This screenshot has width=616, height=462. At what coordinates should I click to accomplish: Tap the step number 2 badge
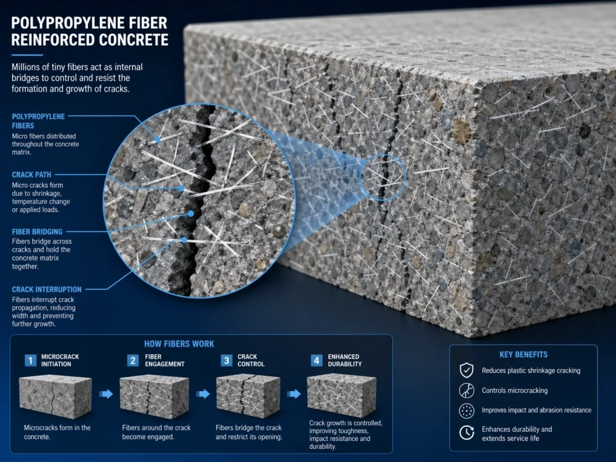133,360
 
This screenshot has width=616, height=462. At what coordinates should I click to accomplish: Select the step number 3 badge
227,360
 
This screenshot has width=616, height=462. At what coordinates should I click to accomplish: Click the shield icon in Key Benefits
466,370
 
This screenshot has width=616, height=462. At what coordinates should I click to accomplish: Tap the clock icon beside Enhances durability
466,433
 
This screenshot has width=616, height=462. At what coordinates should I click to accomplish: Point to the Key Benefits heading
523,354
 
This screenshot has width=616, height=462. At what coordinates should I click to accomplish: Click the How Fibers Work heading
179,344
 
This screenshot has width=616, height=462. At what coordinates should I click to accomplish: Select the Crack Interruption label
47,289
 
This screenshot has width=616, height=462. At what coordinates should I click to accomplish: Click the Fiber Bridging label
37,231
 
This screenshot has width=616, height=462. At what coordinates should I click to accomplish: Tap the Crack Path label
31,174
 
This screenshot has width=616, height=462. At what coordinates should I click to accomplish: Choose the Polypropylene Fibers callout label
38,121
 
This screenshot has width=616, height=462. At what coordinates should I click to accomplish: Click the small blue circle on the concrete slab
383,176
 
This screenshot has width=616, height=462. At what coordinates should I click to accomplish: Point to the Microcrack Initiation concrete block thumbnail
55,398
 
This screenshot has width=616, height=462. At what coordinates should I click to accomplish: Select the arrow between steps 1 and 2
106,394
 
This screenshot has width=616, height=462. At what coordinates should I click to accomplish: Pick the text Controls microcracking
514,390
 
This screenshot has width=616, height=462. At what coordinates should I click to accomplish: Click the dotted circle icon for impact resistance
466,410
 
